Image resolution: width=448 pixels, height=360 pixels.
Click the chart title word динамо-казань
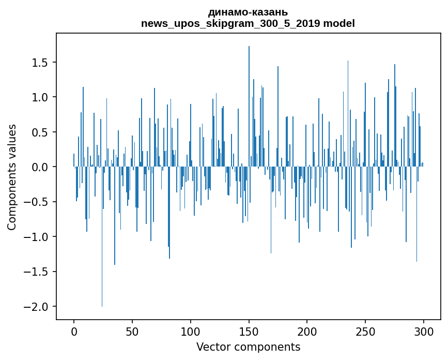pyautogui.click(x=248, y=12)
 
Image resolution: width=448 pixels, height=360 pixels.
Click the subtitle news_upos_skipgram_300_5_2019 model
pyautogui.click(x=248, y=23)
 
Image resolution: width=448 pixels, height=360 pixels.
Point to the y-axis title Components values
pyautogui.click(x=11, y=177)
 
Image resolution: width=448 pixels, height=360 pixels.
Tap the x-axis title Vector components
pyautogui.click(x=248, y=347)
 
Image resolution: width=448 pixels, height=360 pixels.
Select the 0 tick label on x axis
pyautogui.click(x=74, y=331)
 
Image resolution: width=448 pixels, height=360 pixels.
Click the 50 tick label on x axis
pyautogui.click(x=132, y=331)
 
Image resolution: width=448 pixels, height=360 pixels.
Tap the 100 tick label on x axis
pyautogui.click(x=191, y=331)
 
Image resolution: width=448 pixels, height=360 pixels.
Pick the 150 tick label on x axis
pyautogui.click(x=249, y=331)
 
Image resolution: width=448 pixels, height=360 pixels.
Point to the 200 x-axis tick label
pyautogui.click(x=307, y=331)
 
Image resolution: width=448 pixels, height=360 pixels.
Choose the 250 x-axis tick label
pyautogui.click(x=365, y=331)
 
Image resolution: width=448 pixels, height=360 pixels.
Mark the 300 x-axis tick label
pyautogui.click(x=424, y=331)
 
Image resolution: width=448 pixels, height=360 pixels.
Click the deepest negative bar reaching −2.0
pyautogui.click(x=102, y=259)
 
